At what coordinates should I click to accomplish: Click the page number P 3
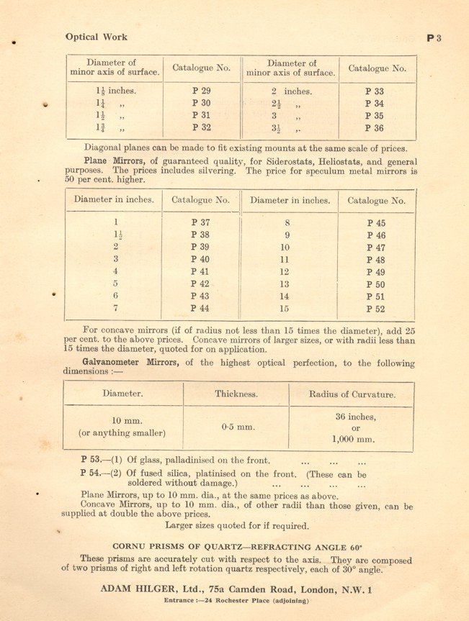pyautogui.click(x=434, y=38)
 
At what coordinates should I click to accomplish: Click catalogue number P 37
pyautogui.click(x=201, y=222)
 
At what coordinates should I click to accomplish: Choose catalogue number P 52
pyautogui.click(x=376, y=309)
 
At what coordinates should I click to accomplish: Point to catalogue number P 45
pyautogui.click(x=376, y=222)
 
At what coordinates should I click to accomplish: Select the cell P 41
pyautogui.click(x=201, y=271)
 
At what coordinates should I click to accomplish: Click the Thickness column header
pyautogui.click(x=236, y=394)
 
